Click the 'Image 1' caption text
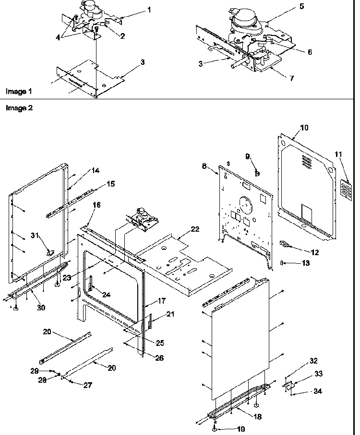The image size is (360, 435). pyautogui.click(x=19, y=91)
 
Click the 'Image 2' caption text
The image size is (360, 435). pyautogui.click(x=19, y=107)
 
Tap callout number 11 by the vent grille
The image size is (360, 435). pyautogui.click(x=338, y=154)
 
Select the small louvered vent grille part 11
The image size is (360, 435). pyautogui.click(x=347, y=189)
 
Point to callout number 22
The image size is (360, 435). pyautogui.click(x=195, y=229)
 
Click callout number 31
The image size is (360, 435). pyautogui.click(x=34, y=235)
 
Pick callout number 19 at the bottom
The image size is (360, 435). pyautogui.click(x=241, y=429)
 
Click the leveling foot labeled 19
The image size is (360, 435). pyautogui.click(x=215, y=429)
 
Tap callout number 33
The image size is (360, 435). pyautogui.click(x=319, y=374)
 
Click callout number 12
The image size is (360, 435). pyautogui.click(x=315, y=252)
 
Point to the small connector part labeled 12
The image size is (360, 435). pyautogui.click(x=284, y=244)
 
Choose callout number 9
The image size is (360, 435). pyautogui.click(x=248, y=156)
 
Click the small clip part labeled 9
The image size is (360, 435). pyautogui.click(x=257, y=174)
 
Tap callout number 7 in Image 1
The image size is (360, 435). pyautogui.click(x=291, y=79)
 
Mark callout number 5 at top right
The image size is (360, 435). pyautogui.click(x=302, y=6)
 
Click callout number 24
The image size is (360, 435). pyautogui.click(x=106, y=294)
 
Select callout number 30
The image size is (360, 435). pyautogui.click(x=41, y=307)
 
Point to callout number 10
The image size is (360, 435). pyautogui.click(x=304, y=128)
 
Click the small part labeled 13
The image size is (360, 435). pyautogui.click(x=282, y=263)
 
